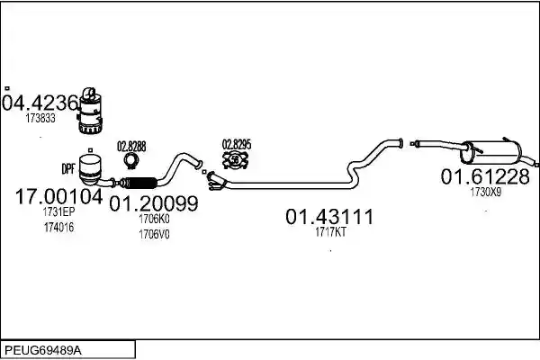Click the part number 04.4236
(40, 103)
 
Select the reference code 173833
(40, 118)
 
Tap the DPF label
(68, 168)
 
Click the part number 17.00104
(58, 197)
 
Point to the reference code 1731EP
(58, 211)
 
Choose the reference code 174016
(58, 228)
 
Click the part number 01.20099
(154, 203)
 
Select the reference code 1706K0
(154, 219)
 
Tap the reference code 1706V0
(154, 234)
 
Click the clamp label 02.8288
(131, 147)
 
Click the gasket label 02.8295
(237, 145)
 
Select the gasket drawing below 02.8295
(236, 160)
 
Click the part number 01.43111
(329, 217)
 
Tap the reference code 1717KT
(330, 232)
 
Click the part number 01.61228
(485, 176)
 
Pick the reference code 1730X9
(486, 192)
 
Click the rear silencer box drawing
(491, 152)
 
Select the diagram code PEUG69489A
(43, 351)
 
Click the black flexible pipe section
(139, 183)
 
